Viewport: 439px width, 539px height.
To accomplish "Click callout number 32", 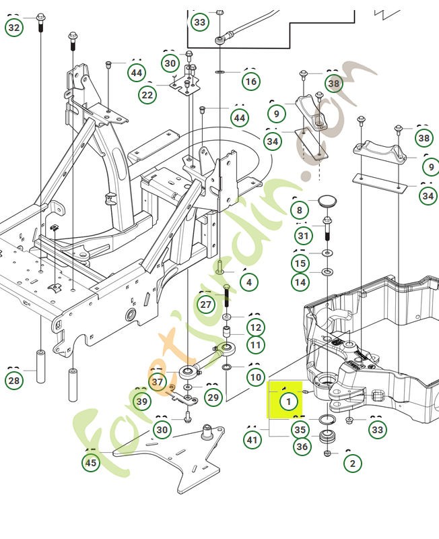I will pos(14,28).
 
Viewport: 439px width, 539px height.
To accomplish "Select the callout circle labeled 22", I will pos(147,95).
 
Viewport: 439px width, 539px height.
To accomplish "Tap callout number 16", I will pos(250,82).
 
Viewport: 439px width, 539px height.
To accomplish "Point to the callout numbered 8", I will pos(300,210).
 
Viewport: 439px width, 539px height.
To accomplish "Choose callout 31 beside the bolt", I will pos(304,236).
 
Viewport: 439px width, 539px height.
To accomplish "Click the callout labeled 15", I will pos(300,263).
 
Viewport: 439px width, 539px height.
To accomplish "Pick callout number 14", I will pos(300,282).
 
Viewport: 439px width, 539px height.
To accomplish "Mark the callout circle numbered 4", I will pos(249,282).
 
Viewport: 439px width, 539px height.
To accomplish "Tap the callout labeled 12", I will pos(255,328).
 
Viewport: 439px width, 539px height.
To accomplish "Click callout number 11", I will pos(255,346).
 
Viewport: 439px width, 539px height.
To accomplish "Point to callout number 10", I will pos(255,377).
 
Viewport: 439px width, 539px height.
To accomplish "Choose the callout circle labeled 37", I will pos(158,383).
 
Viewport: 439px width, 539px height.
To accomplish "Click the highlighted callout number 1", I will pos(288,402).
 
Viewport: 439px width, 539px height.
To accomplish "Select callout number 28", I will pos(14,381).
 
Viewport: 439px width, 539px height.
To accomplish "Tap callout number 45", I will pos(90,463).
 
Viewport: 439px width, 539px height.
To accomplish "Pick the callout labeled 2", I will pos(352,463).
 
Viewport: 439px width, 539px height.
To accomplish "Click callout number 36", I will pos(302,446).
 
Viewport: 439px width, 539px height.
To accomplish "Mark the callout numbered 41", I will pos(252,441).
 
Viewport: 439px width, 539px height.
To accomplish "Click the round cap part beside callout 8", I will pos(328,202).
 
